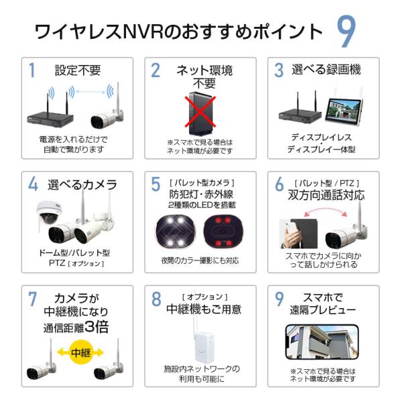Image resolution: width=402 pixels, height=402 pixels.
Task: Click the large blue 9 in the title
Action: pyautogui.click(x=346, y=31)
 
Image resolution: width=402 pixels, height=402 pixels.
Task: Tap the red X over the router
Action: pyautogui.click(x=200, y=112)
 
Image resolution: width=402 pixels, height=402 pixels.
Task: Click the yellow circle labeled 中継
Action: pyautogui.click(x=80, y=352)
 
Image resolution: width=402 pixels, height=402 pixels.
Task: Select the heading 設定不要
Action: pyautogui.click(x=78, y=70)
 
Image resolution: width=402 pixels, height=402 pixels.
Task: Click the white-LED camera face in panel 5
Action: pyautogui.click(x=176, y=232)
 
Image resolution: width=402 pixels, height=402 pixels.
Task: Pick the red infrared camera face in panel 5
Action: pyautogui.click(x=223, y=232)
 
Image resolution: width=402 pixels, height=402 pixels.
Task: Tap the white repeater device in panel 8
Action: pyautogui.click(x=203, y=344)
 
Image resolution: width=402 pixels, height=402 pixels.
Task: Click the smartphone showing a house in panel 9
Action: pyautogui.click(x=322, y=342)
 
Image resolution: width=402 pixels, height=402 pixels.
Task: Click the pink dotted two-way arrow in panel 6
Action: pyautogui.click(x=325, y=210)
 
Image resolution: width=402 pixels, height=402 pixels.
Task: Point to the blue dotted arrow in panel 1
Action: pyautogui.click(x=90, y=92)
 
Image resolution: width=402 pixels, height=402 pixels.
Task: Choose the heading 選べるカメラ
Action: pyautogui.click(x=82, y=185)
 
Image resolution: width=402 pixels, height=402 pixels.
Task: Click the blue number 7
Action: pyautogui.click(x=33, y=299)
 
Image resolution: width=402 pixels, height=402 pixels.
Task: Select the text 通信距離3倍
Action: pyautogui.click(x=76, y=328)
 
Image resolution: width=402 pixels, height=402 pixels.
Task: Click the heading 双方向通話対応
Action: pyautogui.click(x=326, y=195)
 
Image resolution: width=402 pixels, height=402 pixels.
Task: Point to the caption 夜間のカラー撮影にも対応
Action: pyautogui.click(x=200, y=261)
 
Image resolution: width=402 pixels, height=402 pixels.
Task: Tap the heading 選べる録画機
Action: pyautogui.click(x=326, y=70)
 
